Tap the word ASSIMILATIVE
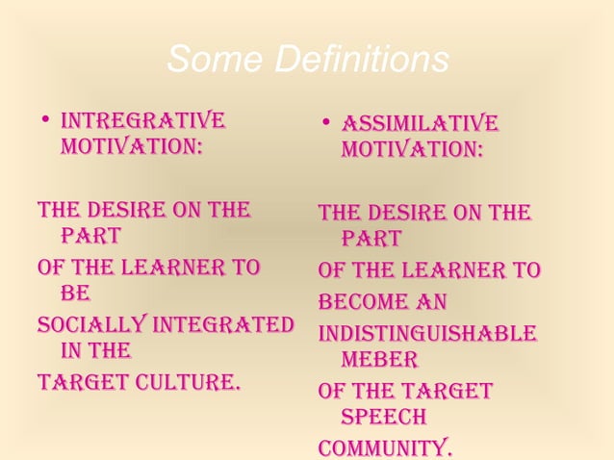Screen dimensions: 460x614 421,124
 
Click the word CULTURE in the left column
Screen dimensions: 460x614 187,383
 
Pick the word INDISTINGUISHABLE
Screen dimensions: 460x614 427,334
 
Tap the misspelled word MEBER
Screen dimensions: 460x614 378,360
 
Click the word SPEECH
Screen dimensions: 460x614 383,418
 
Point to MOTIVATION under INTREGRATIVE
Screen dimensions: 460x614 131,150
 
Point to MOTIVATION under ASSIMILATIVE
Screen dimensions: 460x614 411,152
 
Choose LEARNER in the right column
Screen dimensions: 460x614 466,270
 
